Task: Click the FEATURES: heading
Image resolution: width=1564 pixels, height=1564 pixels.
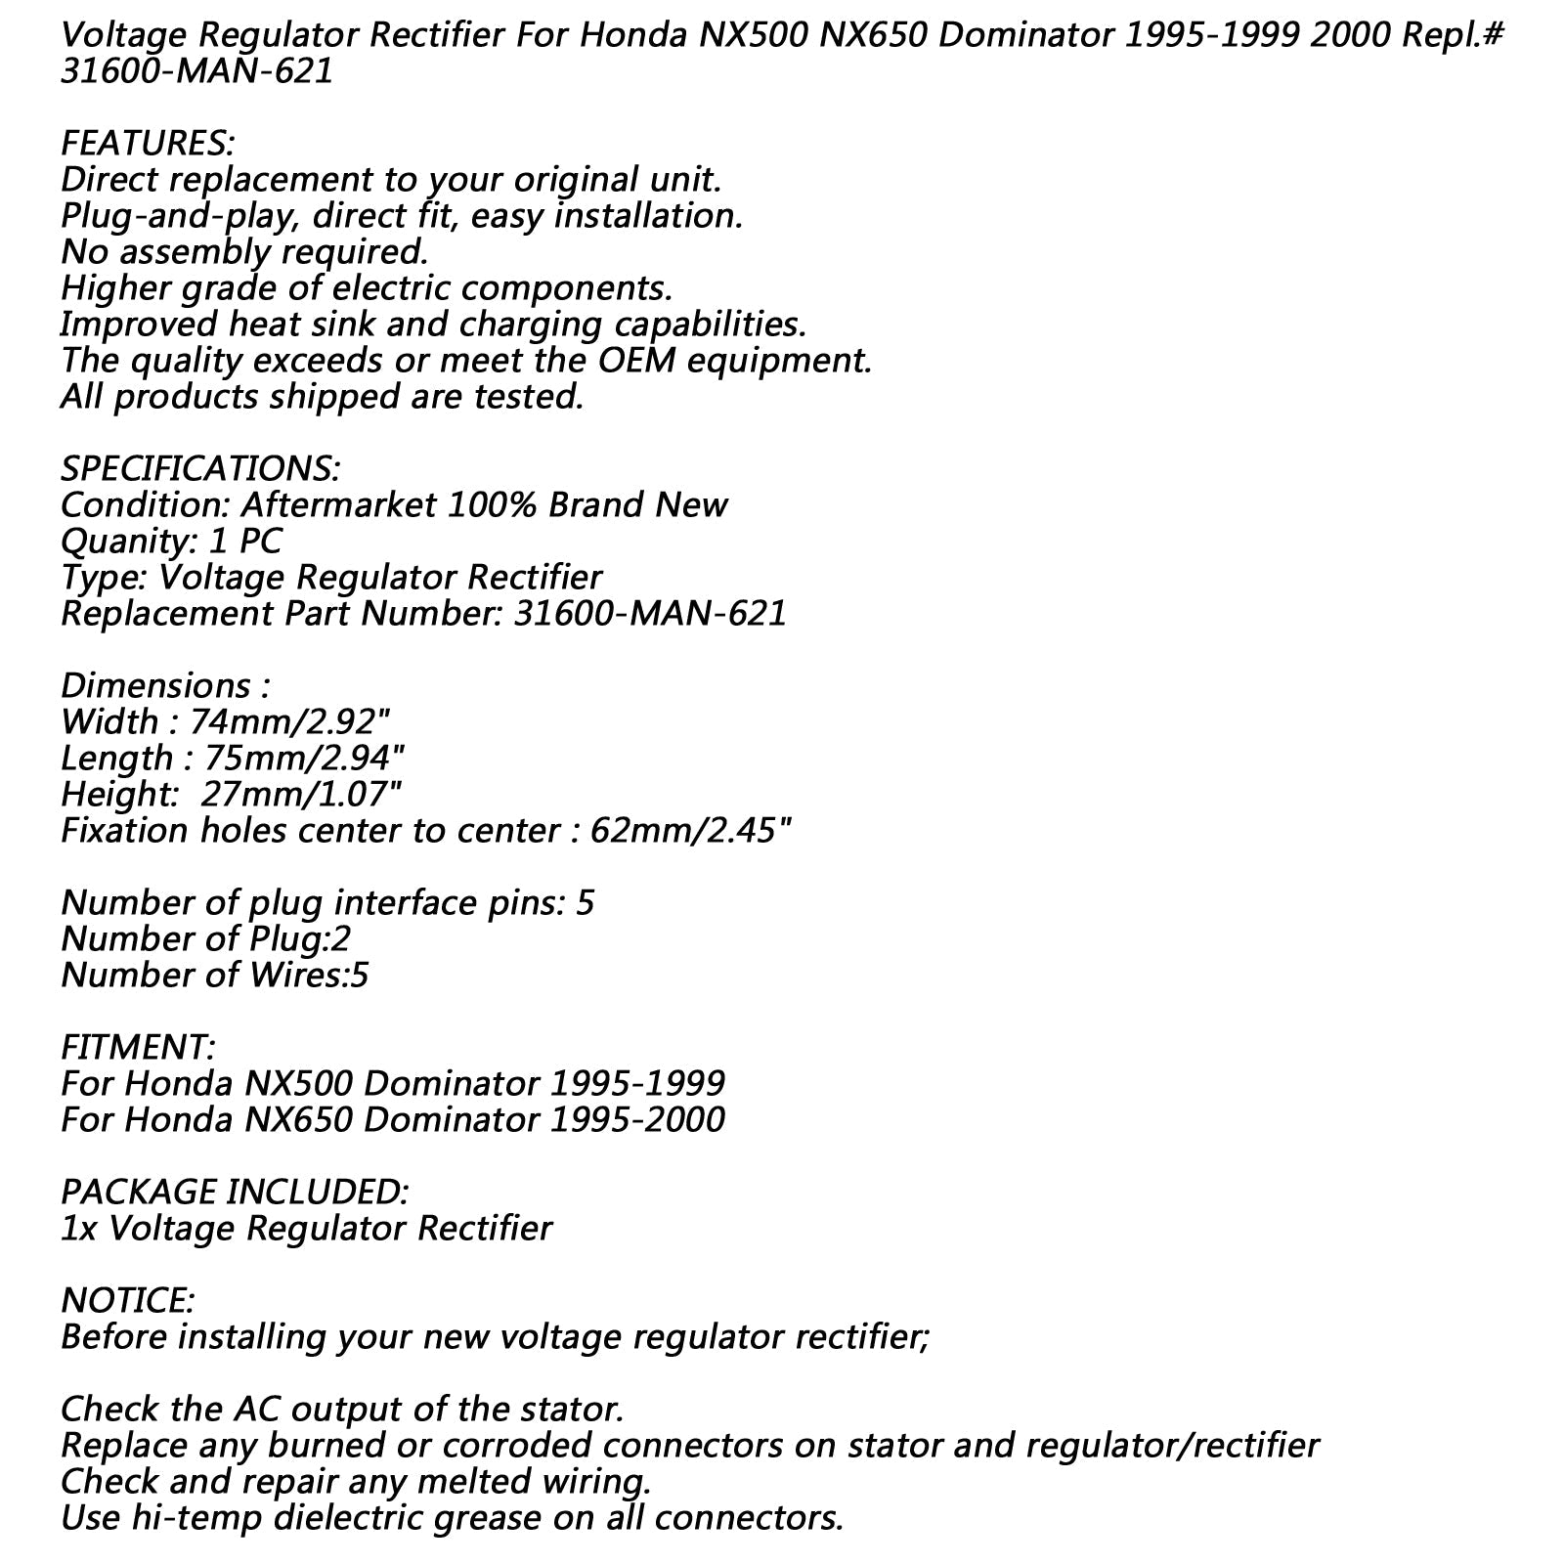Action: point(148,144)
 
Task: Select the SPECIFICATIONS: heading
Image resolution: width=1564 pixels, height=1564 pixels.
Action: point(200,469)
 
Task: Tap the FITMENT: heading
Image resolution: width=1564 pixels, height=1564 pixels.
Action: point(138,1048)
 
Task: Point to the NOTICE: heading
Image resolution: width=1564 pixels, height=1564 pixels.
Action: point(128,1301)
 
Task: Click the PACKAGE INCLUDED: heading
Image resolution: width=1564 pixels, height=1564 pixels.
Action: point(235,1193)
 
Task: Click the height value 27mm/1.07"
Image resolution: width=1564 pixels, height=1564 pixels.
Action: point(301,795)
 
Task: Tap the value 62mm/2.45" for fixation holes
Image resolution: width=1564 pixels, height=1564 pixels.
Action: point(690,831)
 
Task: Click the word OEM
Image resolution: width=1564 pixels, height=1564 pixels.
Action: point(640,361)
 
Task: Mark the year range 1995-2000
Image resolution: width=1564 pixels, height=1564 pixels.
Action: point(637,1120)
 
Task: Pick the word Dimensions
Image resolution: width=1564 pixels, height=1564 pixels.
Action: point(155,686)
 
